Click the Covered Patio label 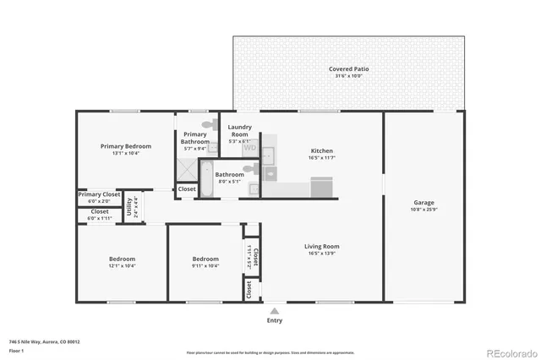click(348, 68)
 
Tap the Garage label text click(424, 202)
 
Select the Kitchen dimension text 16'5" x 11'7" click(322, 158)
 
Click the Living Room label click(321, 247)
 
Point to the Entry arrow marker click(274, 310)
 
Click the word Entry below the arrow click(275, 320)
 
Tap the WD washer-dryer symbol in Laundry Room click(250, 148)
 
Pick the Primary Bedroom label click(125, 146)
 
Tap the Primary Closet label click(100, 194)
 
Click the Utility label click(129, 207)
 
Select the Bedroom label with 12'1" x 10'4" click(122, 259)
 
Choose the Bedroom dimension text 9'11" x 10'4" click(205, 265)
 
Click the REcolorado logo click(510, 352)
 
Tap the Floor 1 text click(17, 350)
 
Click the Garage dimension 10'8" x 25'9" click(424, 209)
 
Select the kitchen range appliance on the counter click(322, 186)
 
